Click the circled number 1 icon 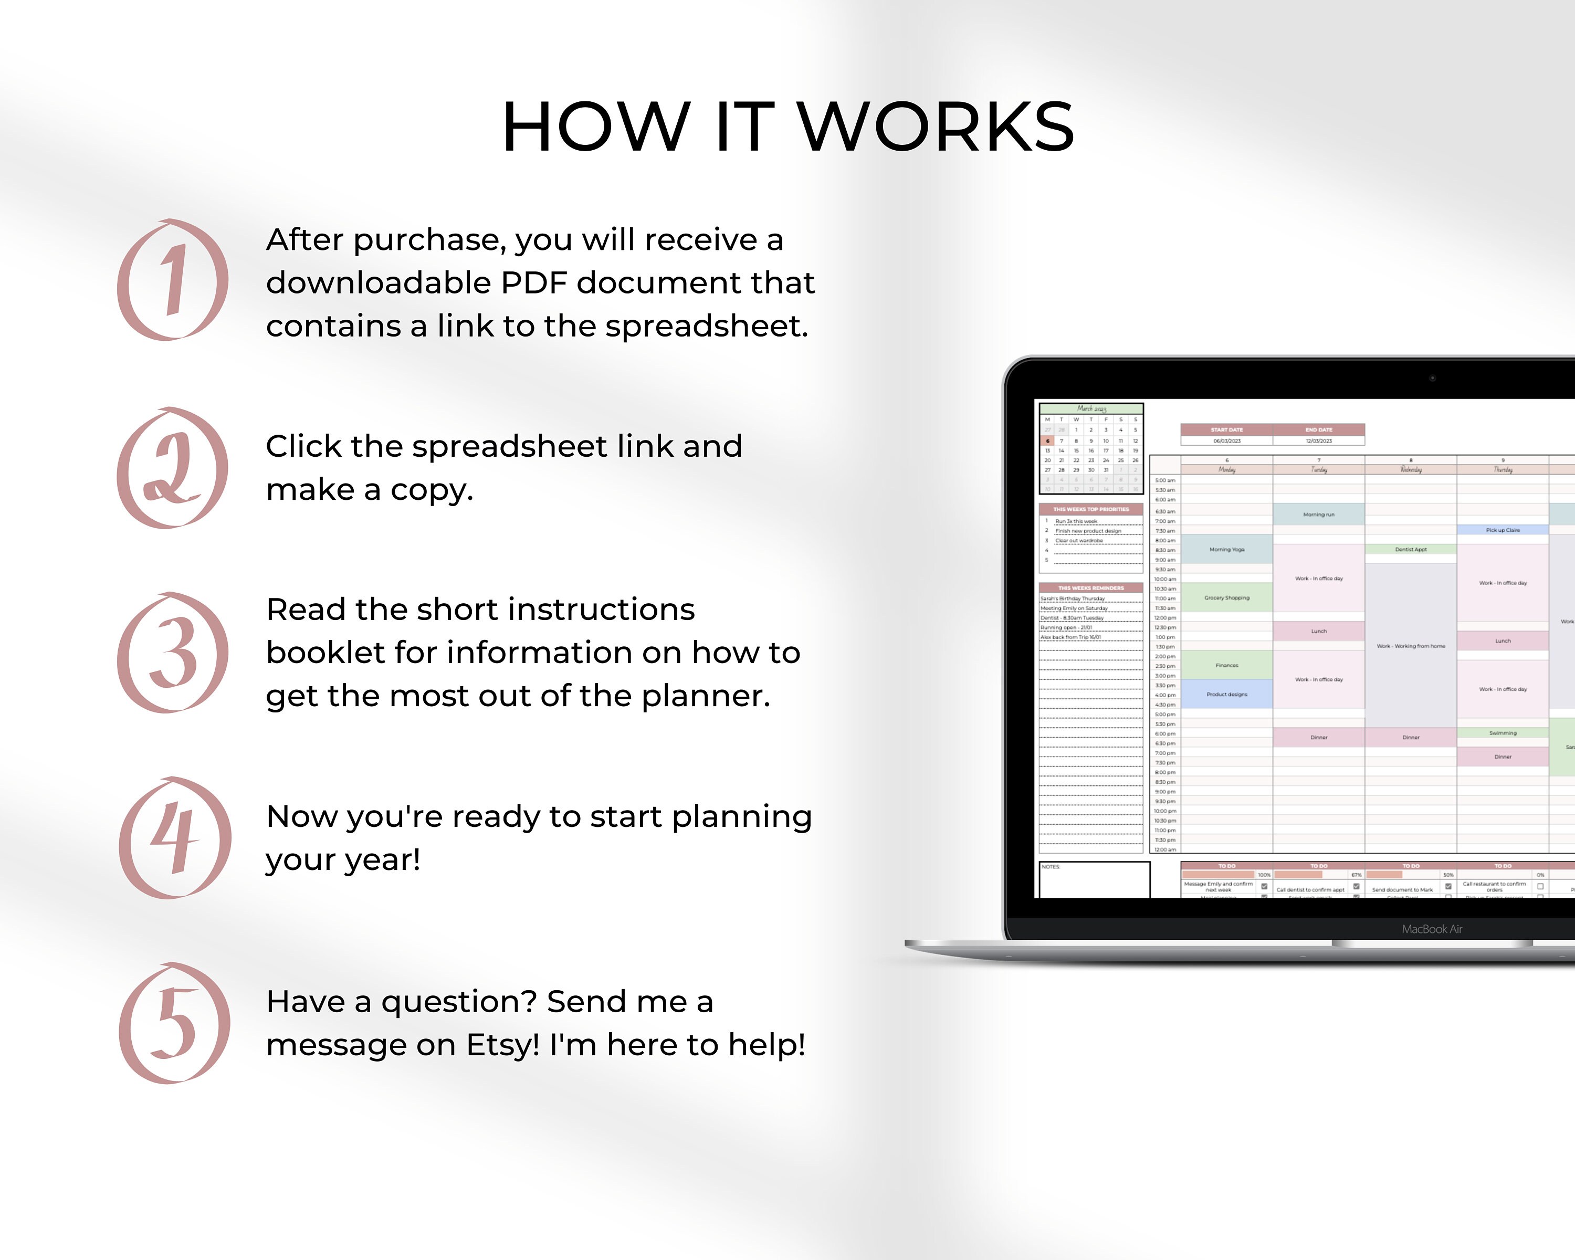(172, 280)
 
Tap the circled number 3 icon (172, 652)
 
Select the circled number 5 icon (174, 1023)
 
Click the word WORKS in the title (935, 127)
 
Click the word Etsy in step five (502, 1045)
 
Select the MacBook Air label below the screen (1431, 929)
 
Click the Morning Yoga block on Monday (1226, 549)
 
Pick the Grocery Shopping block (1226, 597)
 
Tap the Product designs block (1226, 694)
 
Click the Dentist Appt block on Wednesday (1411, 549)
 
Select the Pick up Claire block (1503, 530)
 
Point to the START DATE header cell (1226, 429)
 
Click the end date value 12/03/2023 (1319, 440)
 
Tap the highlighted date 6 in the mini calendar (1047, 440)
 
